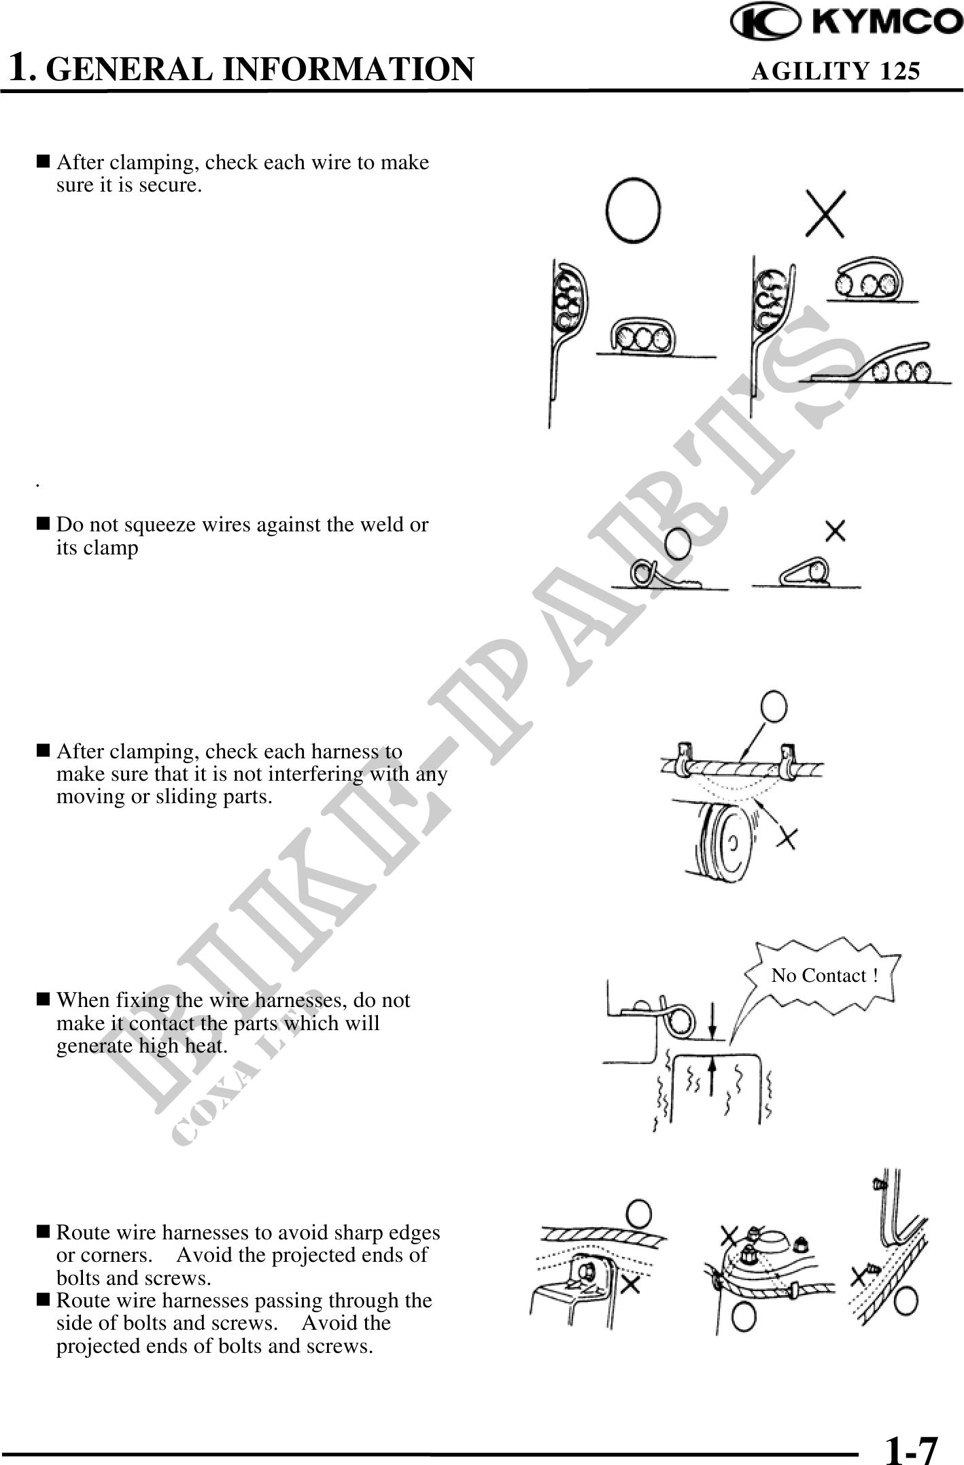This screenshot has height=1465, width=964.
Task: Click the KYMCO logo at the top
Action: pos(846,24)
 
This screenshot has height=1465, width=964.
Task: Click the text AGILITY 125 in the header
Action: pos(836,70)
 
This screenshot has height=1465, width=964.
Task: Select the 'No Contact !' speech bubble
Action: pos(825,976)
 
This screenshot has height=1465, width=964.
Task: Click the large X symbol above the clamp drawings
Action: pos(825,213)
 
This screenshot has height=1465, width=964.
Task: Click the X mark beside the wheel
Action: pos(787,839)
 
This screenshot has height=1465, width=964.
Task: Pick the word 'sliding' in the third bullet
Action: pos(181,796)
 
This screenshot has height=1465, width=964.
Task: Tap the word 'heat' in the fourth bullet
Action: pos(205,1046)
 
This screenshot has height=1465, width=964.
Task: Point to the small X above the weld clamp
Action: pos(836,531)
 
